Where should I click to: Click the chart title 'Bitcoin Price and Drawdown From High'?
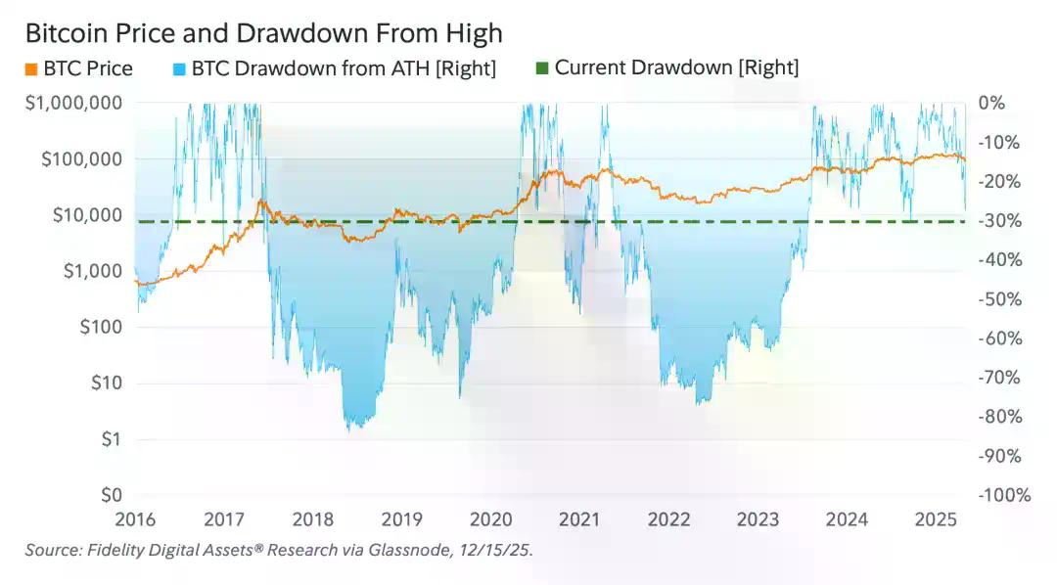click(x=263, y=33)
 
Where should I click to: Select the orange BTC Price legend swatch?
click(x=30, y=68)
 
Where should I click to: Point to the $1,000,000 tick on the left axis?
click(x=74, y=103)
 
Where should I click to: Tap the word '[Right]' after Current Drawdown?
click(x=768, y=68)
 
